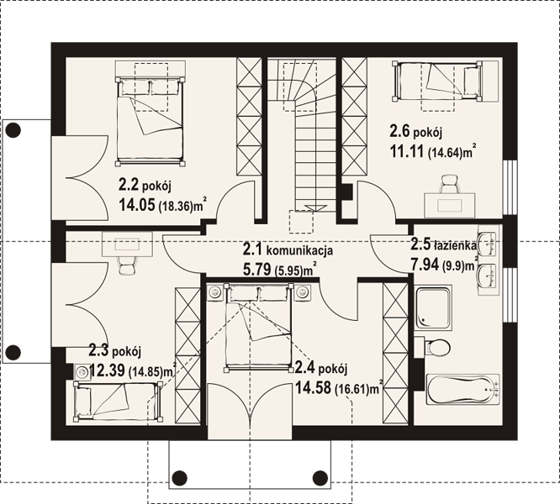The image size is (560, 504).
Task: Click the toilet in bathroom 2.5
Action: (x=436, y=347)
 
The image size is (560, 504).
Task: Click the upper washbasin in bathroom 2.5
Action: (x=488, y=244)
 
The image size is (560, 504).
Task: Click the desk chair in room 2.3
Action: (x=127, y=265)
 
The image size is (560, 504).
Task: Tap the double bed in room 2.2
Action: (x=151, y=121)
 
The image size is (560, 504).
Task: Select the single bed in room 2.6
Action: (x=436, y=81)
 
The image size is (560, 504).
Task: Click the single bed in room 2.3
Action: (x=118, y=402)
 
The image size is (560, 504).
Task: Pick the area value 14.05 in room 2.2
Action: (x=137, y=205)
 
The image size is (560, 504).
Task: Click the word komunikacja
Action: (x=300, y=251)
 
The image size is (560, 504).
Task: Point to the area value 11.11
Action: (x=407, y=152)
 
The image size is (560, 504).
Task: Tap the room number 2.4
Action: (x=305, y=368)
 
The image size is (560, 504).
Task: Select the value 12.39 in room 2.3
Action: (x=107, y=370)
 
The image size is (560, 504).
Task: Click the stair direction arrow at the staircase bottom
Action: (x=315, y=208)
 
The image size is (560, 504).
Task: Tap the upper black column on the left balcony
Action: (x=13, y=130)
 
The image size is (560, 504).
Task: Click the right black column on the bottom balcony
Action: (x=320, y=477)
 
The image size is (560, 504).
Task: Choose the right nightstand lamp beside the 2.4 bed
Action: (x=302, y=293)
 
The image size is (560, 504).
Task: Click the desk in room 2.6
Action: (x=450, y=205)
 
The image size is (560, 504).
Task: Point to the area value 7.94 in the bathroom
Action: (x=425, y=265)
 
